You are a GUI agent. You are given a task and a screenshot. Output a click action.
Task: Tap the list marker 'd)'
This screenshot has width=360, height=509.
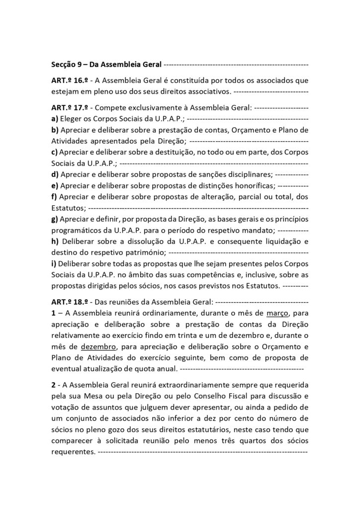click(x=55, y=174)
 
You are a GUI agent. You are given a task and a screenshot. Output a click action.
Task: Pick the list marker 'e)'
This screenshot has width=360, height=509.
click(x=54, y=185)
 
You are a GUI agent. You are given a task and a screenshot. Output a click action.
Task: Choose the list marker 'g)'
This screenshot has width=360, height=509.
click(x=55, y=219)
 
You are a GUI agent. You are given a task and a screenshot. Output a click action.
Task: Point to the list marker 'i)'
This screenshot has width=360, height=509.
click(x=53, y=263)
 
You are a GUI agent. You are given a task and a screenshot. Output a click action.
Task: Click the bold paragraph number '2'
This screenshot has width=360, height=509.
click(x=53, y=385)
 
